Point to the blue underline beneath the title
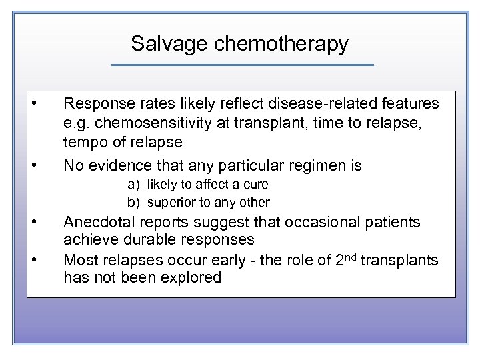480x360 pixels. tap(242, 65)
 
